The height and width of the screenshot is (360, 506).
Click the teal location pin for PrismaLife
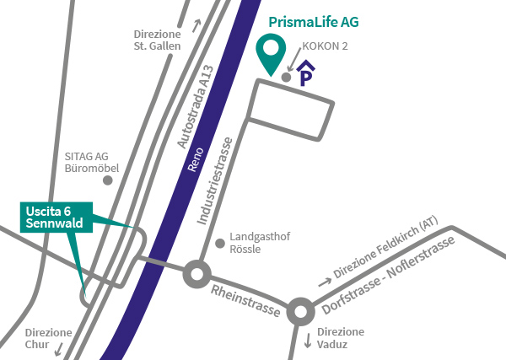271,53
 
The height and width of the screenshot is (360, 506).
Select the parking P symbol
306,75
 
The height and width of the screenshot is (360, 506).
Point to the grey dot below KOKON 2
287,78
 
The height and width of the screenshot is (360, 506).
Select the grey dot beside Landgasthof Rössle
221,244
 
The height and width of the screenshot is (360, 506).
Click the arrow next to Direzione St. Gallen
197,24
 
